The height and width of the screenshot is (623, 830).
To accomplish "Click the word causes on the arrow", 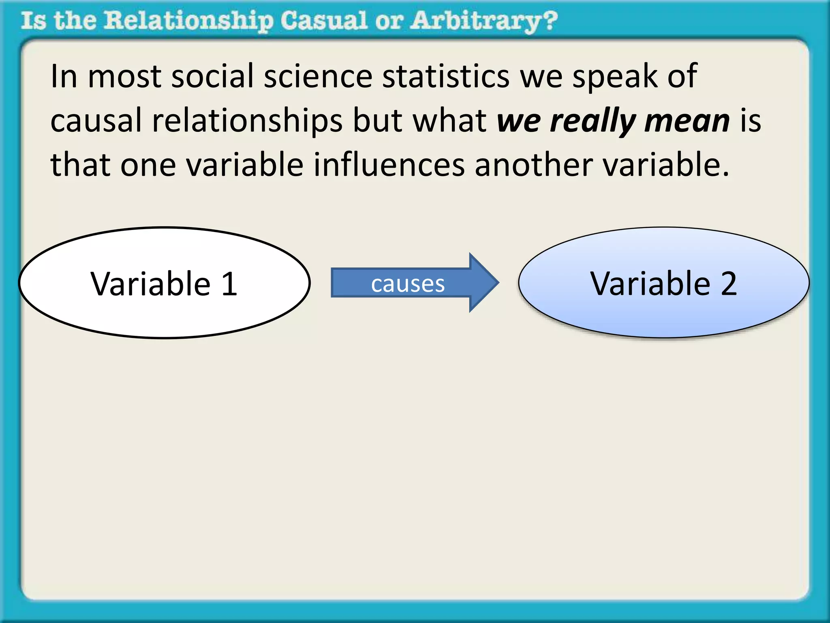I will [408, 284].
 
